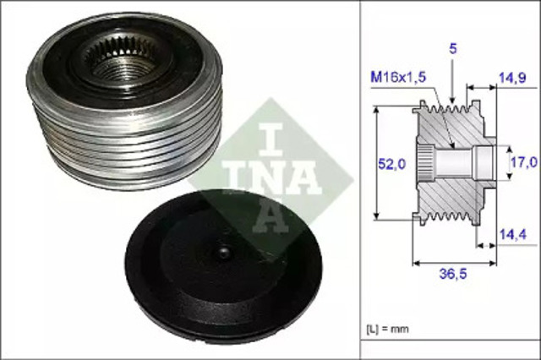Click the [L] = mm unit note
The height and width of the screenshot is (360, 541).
coord(394,325)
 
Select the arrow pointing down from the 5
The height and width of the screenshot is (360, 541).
coord(452,85)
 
